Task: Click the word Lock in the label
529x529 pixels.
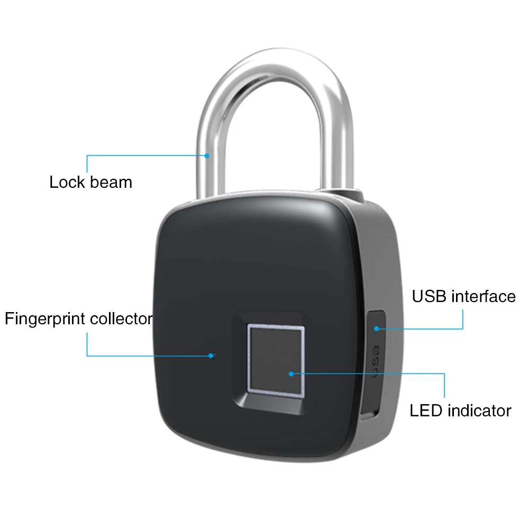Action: click(x=67, y=183)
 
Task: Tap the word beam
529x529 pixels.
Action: click(x=111, y=183)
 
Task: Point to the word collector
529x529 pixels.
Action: click(x=122, y=320)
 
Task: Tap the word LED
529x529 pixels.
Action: click(x=426, y=411)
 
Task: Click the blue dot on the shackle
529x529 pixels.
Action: click(x=207, y=156)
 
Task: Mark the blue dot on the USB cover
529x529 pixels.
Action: click(x=376, y=328)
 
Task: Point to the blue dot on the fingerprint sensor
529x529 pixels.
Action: click(x=291, y=373)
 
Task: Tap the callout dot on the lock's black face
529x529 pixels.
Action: click(x=213, y=355)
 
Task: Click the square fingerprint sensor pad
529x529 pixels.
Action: click(x=276, y=360)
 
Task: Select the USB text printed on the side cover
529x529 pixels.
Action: click(x=376, y=361)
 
